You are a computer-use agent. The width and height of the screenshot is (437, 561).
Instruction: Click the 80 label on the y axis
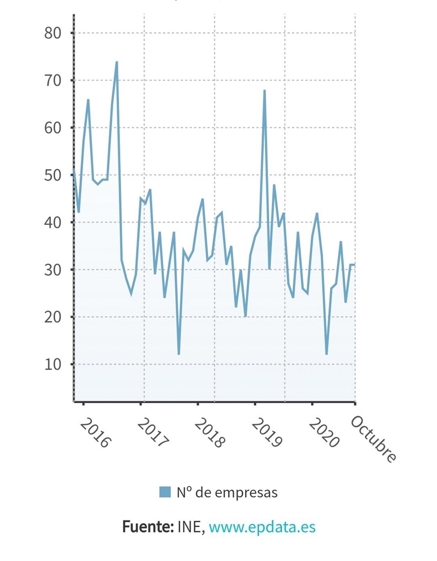pyautogui.click(x=52, y=33)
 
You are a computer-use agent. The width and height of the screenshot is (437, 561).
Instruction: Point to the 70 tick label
pyautogui.click(x=52, y=81)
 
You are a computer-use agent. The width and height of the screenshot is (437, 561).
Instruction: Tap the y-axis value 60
pyautogui.click(x=52, y=128)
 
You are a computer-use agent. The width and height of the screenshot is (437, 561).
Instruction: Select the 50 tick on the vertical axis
pyautogui.click(x=52, y=175)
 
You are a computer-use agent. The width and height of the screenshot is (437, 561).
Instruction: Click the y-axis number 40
pyautogui.click(x=52, y=222)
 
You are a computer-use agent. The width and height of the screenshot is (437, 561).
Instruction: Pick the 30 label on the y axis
pyautogui.click(x=52, y=270)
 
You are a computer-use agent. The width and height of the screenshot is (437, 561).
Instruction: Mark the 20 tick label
pyautogui.click(x=52, y=317)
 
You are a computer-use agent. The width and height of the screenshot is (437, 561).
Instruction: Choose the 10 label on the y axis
pyautogui.click(x=52, y=364)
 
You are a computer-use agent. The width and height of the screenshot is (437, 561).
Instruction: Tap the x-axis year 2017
pyautogui.click(x=153, y=433)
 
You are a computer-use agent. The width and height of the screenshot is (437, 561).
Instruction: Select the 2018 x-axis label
pyautogui.click(x=209, y=433)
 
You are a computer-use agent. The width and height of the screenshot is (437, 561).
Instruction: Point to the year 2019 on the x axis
pyautogui.click(x=267, y=433)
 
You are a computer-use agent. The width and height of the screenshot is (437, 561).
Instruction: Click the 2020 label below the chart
pyautogui.click(x=324, y=433)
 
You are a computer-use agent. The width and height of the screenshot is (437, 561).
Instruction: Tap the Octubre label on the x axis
pyautogui.click(x=373, y=439)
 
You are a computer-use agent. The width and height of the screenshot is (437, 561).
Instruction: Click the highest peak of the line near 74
pyautogui.click(x=117, y=62)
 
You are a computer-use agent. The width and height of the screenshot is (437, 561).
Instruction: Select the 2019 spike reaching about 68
pyautogui.click(x=264, y=90)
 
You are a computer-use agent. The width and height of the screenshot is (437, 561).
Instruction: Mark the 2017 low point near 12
pyautogui.click(x=179, y=354)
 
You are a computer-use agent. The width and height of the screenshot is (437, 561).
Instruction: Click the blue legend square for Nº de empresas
pyautogui.click(x=165, y=492)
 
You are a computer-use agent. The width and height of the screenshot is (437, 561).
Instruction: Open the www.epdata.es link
pyautogui.click(x=262, y=527)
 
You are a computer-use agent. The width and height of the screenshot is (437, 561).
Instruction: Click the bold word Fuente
pyautogui.click(x=147, y=527)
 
